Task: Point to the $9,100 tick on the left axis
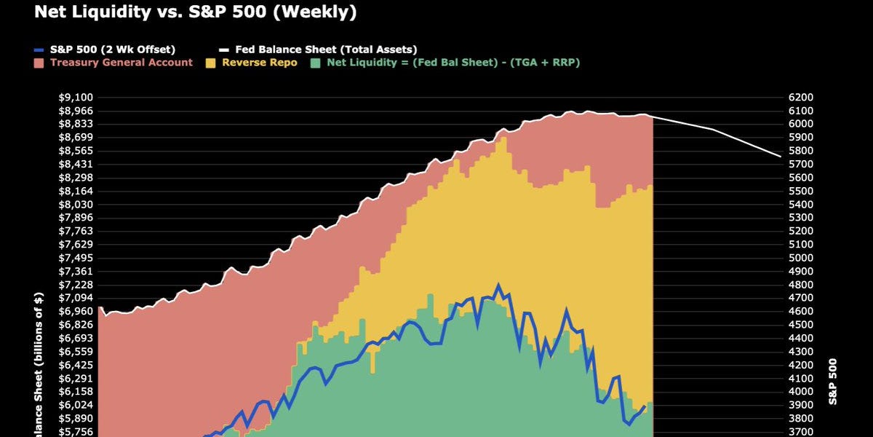[75, 98]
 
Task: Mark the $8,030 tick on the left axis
[75, 205]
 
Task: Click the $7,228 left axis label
[75, 285]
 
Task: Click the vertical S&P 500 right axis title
[833, 381]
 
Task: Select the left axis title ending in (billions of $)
[39, 364]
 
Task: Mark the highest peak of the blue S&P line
[498, 286]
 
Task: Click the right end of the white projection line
[780, 156]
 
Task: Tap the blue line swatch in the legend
[41, 50]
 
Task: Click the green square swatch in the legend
[315, 63]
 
